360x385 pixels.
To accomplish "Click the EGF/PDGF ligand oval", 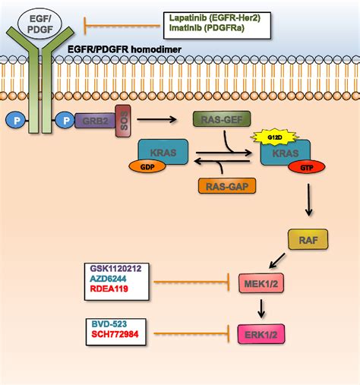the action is point(39,24).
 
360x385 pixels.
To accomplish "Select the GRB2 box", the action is point(95,121).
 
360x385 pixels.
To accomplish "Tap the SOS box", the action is point(123,121).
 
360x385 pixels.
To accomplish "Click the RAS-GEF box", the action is point(222,118).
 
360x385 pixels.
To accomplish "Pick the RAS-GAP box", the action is point(227,186).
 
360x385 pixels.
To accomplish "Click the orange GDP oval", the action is point(147,167).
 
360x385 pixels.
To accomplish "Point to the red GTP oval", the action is point(307,167).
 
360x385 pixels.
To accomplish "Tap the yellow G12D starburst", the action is point(275,137).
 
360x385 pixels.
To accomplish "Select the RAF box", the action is point(308,239).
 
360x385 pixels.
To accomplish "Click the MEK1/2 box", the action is point(261,283).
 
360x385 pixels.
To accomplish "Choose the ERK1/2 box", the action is point(261,334).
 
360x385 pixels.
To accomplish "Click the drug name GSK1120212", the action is point(116,269).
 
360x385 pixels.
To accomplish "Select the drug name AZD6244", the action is point(108,279).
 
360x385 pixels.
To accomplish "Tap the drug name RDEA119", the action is point(109,289).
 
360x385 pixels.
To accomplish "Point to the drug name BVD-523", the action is point(109,324).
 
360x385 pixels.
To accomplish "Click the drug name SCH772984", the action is point(115,334).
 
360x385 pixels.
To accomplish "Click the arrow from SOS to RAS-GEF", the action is point(156,119).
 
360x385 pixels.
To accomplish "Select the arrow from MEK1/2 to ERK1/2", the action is point(261,308).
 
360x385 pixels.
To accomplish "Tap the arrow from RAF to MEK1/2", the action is point(277,260).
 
